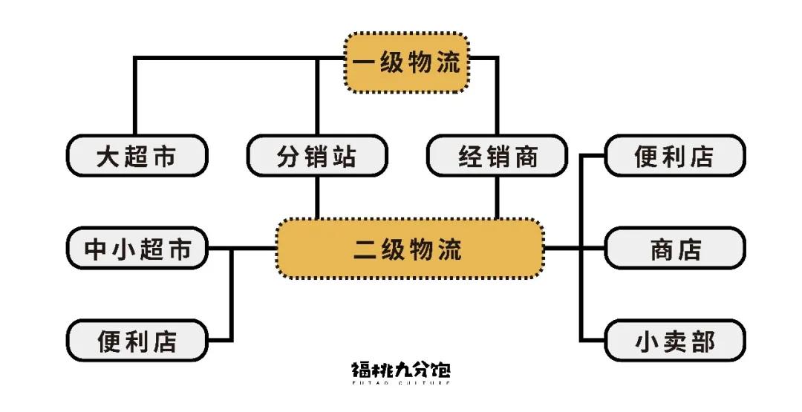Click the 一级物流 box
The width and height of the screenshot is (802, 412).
[407, 63]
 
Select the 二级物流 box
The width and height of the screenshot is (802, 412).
[409, 249]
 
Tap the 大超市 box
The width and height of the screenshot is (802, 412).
[137, 156]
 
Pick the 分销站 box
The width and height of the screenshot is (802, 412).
[317, 156]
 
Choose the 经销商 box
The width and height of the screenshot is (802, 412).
[498, 156]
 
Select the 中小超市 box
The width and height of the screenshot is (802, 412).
[137, 249]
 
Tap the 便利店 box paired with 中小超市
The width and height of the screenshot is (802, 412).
[137, 341]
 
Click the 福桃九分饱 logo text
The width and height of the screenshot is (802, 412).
[401, 369]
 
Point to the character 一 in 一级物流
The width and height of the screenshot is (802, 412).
[363, 63]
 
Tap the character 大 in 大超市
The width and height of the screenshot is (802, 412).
[108, 157]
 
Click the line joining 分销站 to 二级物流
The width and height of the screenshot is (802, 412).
[317, 197]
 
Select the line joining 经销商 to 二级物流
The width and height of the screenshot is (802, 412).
[498, 197]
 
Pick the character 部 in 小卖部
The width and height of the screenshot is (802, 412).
[703, 341]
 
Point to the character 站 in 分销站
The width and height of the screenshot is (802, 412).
[345, 157]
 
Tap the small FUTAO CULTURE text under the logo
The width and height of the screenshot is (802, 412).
[401, 384]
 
